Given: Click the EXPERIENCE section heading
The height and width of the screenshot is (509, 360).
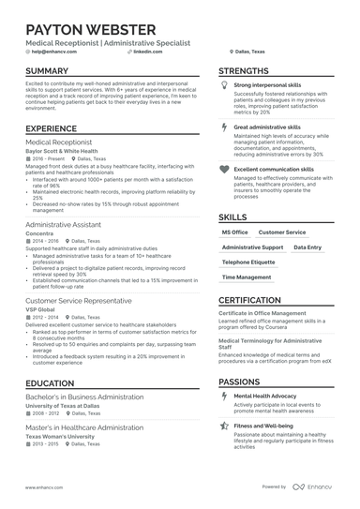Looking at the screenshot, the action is (x=52, y=128).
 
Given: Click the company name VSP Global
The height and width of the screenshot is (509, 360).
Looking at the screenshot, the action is (x=42, y=308).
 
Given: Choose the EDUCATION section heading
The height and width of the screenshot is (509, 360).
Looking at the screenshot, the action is (x=51, y=383).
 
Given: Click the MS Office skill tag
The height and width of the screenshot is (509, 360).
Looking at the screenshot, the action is (x=235, y=231).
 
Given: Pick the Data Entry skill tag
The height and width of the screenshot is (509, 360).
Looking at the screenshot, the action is (x=307, y=247).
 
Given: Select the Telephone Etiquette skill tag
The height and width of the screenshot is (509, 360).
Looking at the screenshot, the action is (x=248, y=262).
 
